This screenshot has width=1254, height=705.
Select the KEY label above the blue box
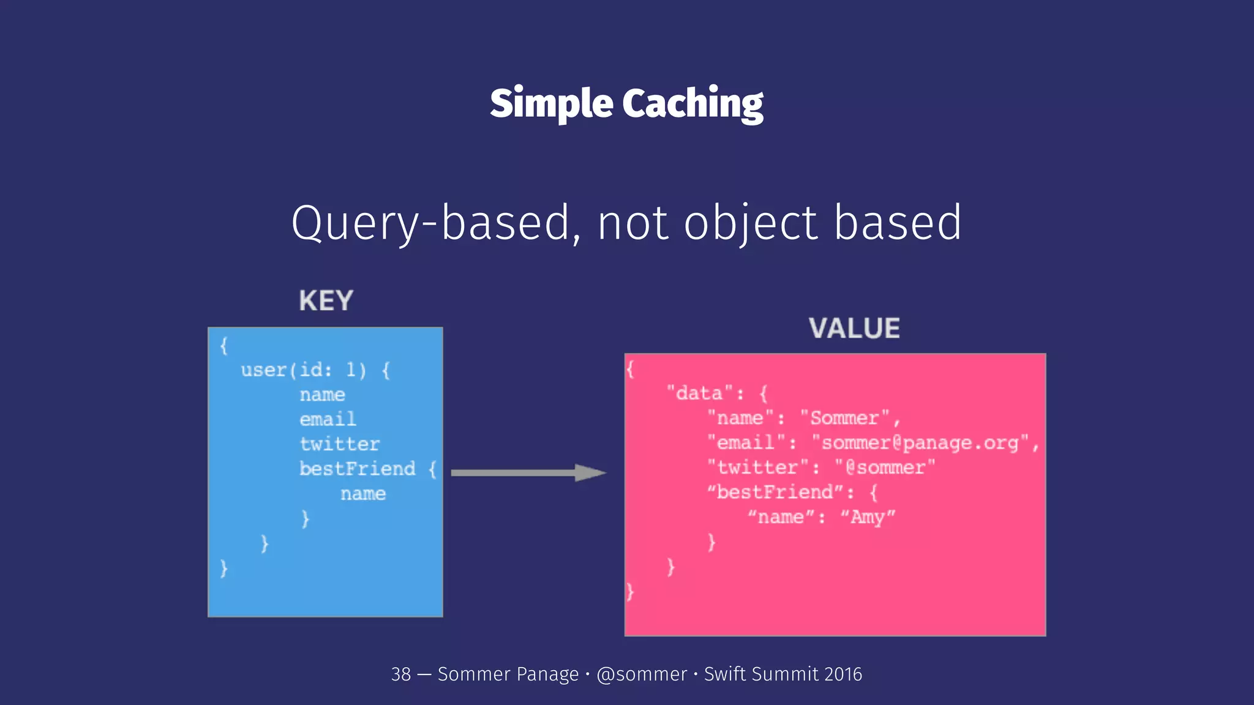point(326,301)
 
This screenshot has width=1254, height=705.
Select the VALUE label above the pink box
point(854,329)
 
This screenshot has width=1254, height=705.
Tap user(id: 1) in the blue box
point(304,370)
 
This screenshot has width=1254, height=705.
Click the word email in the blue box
point(328,420)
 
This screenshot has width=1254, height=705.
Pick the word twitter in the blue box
point(340,444)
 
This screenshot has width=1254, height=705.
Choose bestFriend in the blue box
point(358,469)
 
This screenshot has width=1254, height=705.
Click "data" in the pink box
point(699,393)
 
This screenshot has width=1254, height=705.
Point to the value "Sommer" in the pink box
point(844,418)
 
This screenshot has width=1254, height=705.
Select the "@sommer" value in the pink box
point(885,468)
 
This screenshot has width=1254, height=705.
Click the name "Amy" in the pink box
point(867,518)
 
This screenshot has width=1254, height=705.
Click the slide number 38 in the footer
point(401,674)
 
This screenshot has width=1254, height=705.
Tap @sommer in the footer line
point(642,674)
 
